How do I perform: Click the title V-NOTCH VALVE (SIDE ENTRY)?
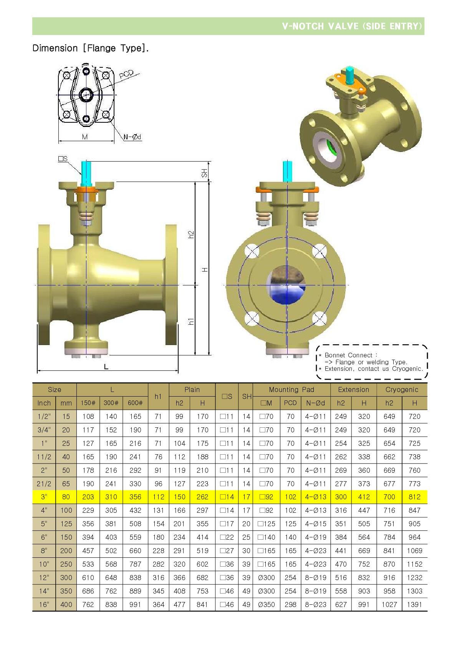pos(352,26)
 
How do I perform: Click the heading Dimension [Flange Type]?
pos(91,48)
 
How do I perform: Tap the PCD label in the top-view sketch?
pos(126,74)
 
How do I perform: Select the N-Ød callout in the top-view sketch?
pos(132,137)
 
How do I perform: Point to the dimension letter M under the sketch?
pos(85,137)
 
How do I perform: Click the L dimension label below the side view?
pos(106,367)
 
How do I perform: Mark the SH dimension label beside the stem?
pos(204,173)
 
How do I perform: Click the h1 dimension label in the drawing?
pos(191,322)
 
